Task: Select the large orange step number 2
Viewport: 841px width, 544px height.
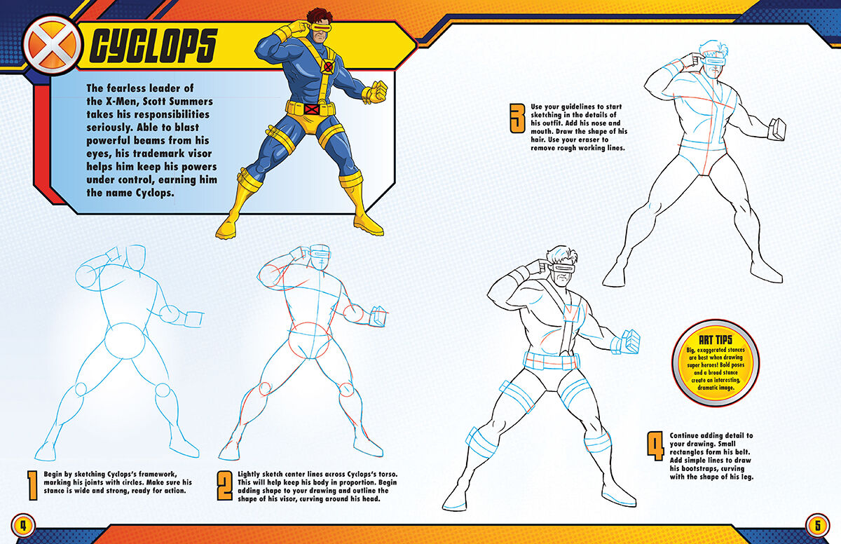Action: pos(224,486)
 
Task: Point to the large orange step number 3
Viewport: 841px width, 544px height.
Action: pos(517,119)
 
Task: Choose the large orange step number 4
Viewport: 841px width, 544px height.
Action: pos(655,447)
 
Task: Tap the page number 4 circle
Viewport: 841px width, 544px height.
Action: pos(23,524)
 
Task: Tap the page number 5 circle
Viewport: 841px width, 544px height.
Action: pos(817,524)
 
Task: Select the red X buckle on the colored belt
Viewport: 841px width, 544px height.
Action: pos(313,109)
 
